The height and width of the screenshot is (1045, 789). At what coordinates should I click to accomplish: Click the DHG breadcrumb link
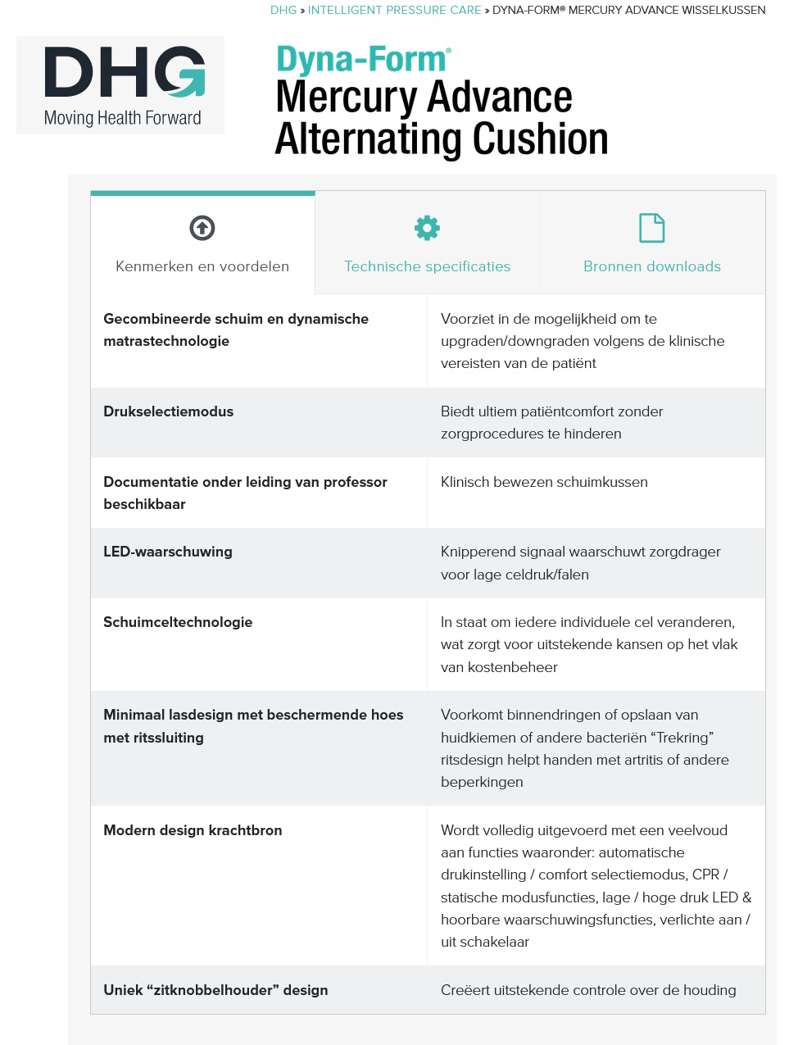coord(283,10)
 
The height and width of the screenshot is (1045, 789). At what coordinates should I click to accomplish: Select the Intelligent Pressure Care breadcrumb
coord(394,10)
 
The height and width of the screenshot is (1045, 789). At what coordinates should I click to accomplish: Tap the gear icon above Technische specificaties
coord(427,228)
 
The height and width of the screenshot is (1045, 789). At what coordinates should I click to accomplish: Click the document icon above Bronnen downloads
coord(651,228)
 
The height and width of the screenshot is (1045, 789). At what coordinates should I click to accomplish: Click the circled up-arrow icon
coord(202,228)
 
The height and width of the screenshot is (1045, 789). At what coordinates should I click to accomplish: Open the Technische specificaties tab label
coord(427,266)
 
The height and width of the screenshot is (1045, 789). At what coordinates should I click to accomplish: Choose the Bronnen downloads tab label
coord(651,266)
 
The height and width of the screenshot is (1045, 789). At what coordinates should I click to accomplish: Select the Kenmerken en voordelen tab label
coord(202,266)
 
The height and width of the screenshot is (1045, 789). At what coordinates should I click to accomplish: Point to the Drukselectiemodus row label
coord(168,411)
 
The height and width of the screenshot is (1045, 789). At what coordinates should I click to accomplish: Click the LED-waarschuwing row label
coord(167,552)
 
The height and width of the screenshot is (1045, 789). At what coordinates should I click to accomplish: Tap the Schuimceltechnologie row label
coord(178,622)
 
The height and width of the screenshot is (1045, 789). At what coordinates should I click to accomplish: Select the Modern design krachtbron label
coord(193,830)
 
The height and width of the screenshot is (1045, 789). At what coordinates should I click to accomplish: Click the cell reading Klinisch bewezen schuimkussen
coord(544,482)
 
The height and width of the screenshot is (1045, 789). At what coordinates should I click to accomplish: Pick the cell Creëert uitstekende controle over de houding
coord(588,990)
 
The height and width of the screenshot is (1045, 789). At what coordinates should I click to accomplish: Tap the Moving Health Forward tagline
coord(123,118)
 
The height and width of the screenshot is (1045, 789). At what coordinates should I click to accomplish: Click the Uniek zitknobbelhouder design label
coord(215,990)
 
